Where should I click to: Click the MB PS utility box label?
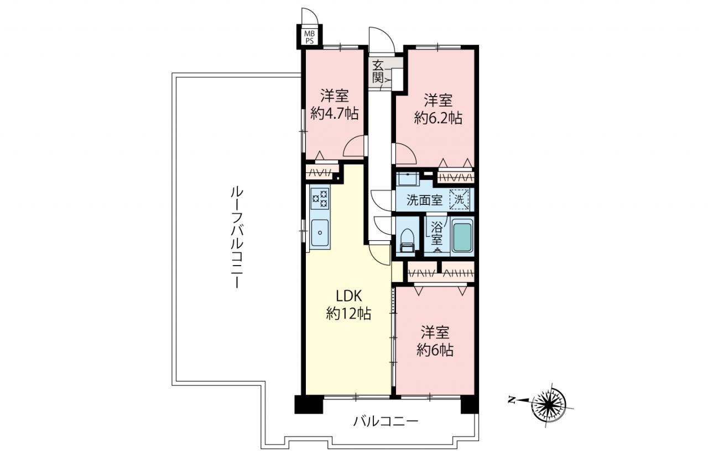pos(309,37)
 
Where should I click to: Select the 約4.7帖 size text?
pos(335,113)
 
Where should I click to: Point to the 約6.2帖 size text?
pos(438,118)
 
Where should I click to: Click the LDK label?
pos(348,296)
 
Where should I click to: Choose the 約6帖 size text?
pos(435,350)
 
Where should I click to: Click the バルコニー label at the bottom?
pos(386,421)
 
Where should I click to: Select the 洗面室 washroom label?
pos(424,200)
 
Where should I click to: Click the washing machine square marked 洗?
pos(460,199)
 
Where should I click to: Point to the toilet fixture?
pos(407,240)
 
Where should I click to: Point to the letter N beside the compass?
pos(511,400)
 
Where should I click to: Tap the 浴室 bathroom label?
pos(437,234)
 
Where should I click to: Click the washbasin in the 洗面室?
pos(408,179)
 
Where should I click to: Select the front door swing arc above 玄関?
pos(382,39)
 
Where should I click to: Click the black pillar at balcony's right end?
pos(470,404)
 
